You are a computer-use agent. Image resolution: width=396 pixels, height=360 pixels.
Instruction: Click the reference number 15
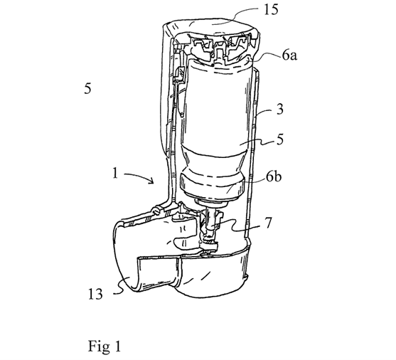click(x=271, y=10)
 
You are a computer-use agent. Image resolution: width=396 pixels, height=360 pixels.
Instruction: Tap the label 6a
click(x=289, y=55)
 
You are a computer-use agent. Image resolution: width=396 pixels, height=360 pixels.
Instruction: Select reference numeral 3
click(x=280, y=110)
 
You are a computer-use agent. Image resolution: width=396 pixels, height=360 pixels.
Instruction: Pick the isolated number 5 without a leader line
click(x=87, y=88)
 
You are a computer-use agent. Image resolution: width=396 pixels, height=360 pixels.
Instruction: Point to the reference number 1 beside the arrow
click(x=115, y=174)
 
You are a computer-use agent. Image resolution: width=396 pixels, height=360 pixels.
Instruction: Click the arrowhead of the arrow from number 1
click(x=151, y=181)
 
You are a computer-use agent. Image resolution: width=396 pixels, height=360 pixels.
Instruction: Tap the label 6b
click(x=274, y=177)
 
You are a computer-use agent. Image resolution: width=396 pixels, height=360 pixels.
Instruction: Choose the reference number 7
click(x=268, y=223)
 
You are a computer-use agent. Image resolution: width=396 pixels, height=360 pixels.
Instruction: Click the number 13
click(x=95, y=294)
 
